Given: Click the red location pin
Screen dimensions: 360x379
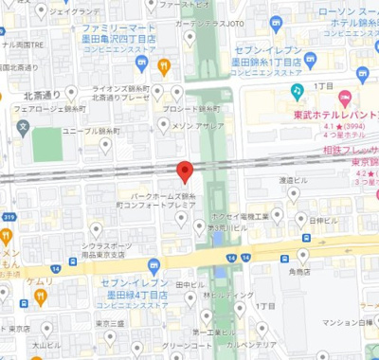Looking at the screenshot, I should click(186, 171).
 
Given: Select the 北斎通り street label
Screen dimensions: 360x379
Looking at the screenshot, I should click(43, 95).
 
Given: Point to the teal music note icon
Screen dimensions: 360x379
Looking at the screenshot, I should click(297, 91).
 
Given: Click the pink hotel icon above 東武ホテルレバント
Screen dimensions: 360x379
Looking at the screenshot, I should click(345, 98).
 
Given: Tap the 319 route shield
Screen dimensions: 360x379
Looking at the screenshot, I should click(8, 217).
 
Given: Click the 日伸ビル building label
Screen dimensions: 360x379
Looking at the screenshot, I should click(323, 221).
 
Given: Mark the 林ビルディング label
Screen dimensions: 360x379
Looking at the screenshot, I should click(231, 295).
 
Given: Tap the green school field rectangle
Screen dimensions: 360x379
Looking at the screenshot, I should click(46, 144).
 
